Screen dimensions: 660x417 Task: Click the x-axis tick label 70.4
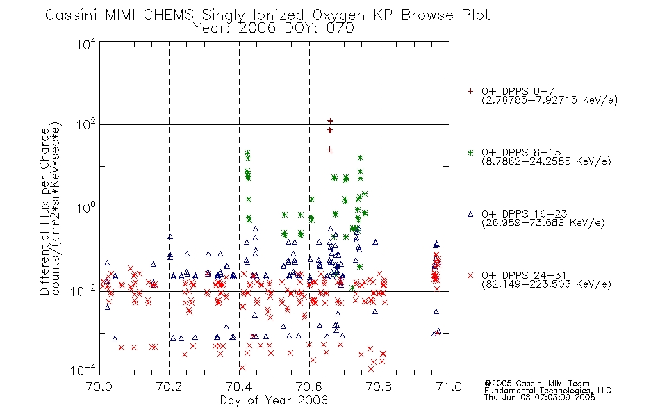click(x=239, y=386)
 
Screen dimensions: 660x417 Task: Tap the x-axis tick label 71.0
click(x=449, y=386)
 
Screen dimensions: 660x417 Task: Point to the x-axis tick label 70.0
click(x=99, y=386)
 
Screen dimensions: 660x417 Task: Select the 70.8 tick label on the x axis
click(x=379, y=386)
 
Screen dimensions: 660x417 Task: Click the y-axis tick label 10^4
click(x=86, y=44)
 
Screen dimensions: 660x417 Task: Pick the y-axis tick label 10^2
click(x=86, y=124)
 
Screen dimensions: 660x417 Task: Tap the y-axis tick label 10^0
click(x=86, y=208)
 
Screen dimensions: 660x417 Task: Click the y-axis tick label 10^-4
click(x=83, y=370)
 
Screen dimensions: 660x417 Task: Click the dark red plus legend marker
click(x=470, y=91)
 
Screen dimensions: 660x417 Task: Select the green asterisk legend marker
click(x=470, y=152)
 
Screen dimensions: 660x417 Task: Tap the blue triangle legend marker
click(x=470, y=214)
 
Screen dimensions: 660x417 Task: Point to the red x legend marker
click(x=470, y=275)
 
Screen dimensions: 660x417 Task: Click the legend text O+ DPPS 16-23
click(x=524, y=214)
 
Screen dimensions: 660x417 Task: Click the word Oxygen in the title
click(x=338, y=15)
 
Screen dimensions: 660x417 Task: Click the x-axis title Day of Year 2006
click(x=274, y=400)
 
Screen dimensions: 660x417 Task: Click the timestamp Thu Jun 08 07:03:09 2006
click(x=540, y=398)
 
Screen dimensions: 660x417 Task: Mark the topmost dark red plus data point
click(x=331, y=122)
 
